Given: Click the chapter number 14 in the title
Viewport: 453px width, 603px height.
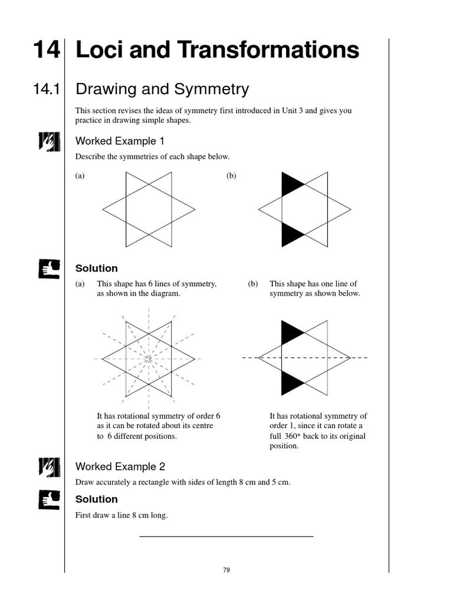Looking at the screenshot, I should (x=45, y=50).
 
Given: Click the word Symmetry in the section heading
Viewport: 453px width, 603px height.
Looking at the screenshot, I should (x=212, y=90).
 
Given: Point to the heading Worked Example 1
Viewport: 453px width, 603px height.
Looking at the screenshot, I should (x=120, y=141).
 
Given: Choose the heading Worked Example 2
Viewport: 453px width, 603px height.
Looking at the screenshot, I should (x=120, y=466).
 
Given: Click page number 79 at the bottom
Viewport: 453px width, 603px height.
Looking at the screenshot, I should (x=226, y=570).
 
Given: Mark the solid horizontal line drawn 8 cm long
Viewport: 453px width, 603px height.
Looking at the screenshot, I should (x=226, y=536).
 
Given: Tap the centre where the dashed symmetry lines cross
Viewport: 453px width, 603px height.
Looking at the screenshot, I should (x=149, y=358).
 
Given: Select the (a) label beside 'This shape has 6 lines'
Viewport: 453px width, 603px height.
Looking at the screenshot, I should (x=80, y=284).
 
